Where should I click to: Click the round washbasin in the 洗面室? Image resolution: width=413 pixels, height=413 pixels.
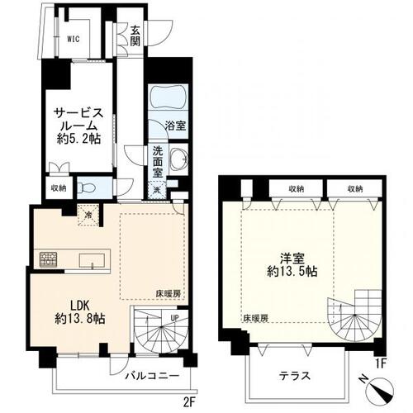(x=176, y=162)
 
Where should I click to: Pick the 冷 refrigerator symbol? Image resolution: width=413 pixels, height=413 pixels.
(x=89, y=215)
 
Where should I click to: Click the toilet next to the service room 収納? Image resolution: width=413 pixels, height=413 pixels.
(x=89, y=188)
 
